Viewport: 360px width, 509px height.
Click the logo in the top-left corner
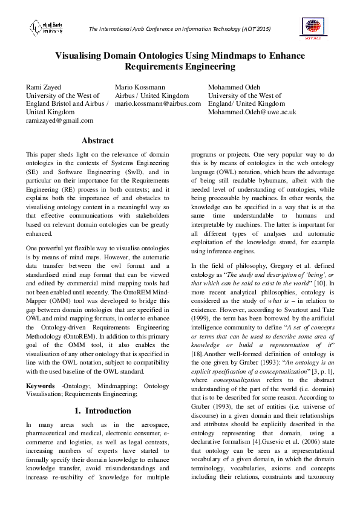tap(47, 27)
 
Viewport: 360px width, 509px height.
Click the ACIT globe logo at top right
tap(313, 27)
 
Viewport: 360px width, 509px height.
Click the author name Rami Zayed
tap(43, 87)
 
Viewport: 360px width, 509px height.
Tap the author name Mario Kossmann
tap(140, 87)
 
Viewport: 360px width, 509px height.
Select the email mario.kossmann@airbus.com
tap(157, 104)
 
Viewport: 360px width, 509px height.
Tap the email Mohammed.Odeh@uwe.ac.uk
tap(252, 112)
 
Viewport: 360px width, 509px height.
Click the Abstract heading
tap(97, 141)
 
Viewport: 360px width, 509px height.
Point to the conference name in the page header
tap(180, 29)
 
